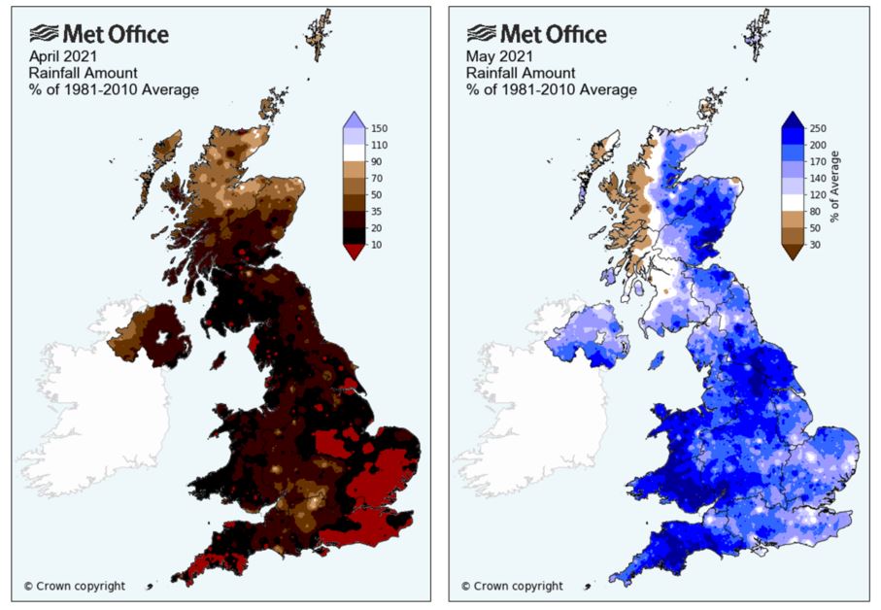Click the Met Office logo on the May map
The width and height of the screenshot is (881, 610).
532,35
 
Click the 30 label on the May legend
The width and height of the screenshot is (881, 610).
815,246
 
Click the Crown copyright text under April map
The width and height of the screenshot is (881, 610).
75,586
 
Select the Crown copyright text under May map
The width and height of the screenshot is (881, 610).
512,586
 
